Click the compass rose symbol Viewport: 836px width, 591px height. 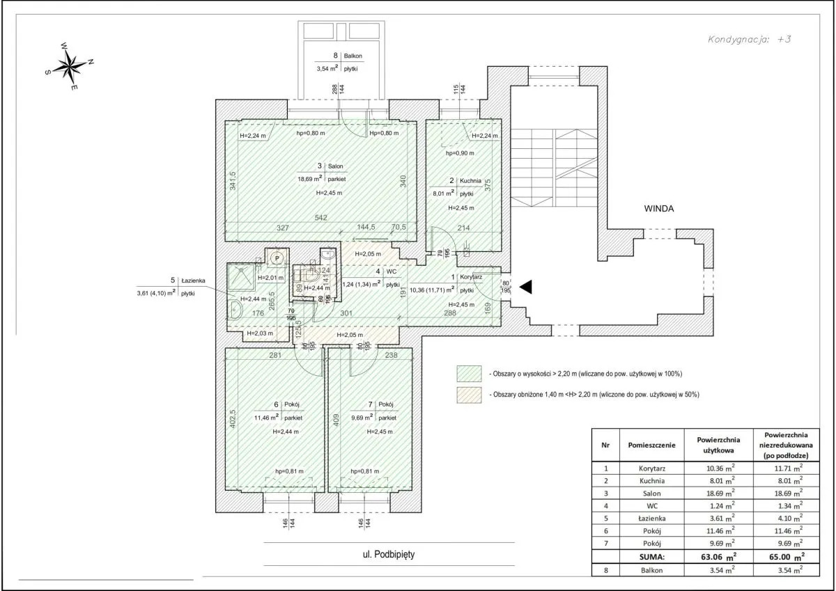[70, 67]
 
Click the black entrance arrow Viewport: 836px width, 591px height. [526, 286]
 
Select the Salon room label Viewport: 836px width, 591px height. [337, 166]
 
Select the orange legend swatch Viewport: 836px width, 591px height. [468, 394]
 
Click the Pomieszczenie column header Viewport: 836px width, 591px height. [651, 443]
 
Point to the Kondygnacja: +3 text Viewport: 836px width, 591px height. [750, 40]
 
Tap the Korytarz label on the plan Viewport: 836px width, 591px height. [483, 277]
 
